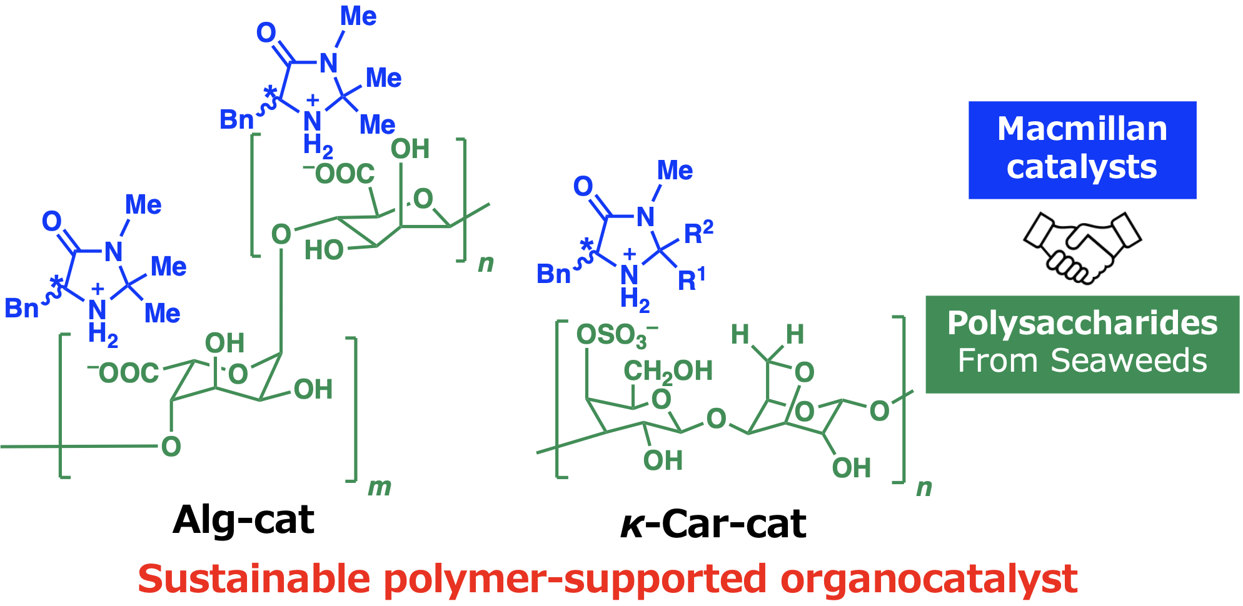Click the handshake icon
1082,247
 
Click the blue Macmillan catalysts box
1082,150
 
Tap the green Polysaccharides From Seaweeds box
1082,344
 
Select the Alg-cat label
244,520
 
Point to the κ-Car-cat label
713,524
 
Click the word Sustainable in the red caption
254,579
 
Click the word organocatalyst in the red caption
929,579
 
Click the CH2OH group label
668,371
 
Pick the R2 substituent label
698,232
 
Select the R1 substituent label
692,279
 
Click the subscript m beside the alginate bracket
380,487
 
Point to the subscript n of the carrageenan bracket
923,487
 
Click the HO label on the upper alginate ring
324,250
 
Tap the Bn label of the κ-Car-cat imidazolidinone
553,274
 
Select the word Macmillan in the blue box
1082,129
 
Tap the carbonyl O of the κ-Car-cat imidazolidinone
583,186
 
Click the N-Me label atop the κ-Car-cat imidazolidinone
675,171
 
